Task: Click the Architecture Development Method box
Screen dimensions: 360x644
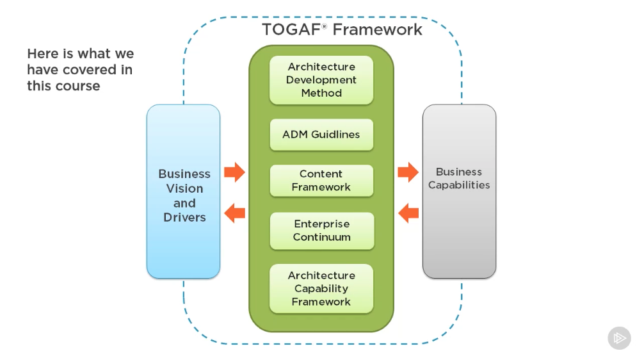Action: coord(321,80)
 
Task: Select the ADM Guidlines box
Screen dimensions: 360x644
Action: coord(321,135)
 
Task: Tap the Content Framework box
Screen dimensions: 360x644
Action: coord(321,181)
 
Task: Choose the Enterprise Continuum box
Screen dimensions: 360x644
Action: coord(321,231)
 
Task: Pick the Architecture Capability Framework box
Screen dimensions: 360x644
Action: coord(321,288)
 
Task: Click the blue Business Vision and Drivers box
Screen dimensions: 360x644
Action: coord(183,192)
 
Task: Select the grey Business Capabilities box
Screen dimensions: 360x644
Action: coord(459,192)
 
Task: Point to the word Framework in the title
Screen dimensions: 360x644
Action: coord(377,29)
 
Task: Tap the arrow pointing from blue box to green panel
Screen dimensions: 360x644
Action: coord(234,172)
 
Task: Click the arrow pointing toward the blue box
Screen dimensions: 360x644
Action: coord(234,212)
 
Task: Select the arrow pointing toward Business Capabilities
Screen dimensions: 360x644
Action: coord(408,172)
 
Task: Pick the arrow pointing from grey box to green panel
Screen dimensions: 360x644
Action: coord(408,212)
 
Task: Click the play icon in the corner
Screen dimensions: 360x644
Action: coord(619,338)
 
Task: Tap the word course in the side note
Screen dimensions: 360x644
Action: coord(79,86)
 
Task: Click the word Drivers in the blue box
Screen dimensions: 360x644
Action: coord(184,218)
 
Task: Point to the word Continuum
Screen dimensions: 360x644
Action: coord(321,237)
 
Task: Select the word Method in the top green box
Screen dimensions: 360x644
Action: coord(321,93)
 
